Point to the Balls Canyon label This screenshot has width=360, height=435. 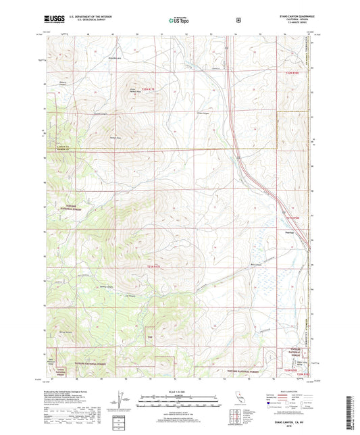[236, 265]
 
